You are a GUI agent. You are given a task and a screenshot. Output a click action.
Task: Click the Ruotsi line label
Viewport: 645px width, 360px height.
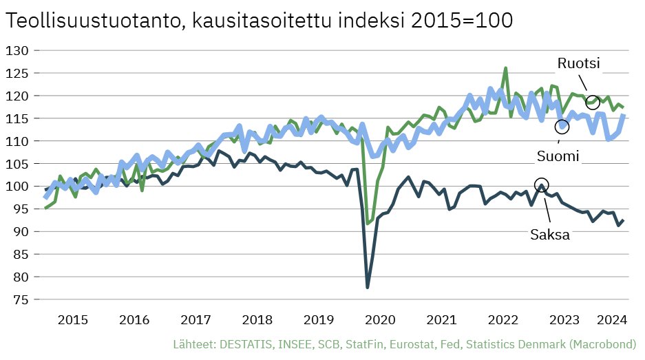tap(578, 64)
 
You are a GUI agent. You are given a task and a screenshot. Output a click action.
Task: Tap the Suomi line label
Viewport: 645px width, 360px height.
tap(558, 156)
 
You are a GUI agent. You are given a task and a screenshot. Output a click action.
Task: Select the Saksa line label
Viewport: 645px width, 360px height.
tap(549, 234)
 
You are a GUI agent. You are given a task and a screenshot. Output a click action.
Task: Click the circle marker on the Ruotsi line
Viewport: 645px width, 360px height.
tap(593, 103)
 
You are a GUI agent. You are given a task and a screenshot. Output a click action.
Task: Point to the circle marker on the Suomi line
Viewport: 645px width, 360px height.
tap(562, 127)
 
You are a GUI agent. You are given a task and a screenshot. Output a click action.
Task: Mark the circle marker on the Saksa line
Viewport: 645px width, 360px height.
tap(542, 185)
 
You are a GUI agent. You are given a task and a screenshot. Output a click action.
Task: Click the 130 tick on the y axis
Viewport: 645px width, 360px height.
tap(18, 50)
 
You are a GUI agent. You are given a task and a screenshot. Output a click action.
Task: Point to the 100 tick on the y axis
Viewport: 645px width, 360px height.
tap(18, 187)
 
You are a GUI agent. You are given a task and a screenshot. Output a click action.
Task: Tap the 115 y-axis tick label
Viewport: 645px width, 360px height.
tap(18, 118)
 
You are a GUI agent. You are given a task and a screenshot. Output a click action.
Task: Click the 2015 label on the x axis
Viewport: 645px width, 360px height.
tap(72, 320)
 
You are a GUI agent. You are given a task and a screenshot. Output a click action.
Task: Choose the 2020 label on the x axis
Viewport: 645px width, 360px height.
tap(380, 320)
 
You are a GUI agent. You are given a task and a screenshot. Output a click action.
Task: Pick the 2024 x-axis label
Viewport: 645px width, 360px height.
tap(611, 320)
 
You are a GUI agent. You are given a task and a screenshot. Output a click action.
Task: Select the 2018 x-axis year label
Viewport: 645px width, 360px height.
tap(257, 320)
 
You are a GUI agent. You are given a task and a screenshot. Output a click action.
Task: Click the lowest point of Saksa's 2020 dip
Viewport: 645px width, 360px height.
tap(368, 287)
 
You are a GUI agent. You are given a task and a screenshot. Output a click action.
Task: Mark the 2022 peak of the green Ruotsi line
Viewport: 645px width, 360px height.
tap(505, 68)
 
